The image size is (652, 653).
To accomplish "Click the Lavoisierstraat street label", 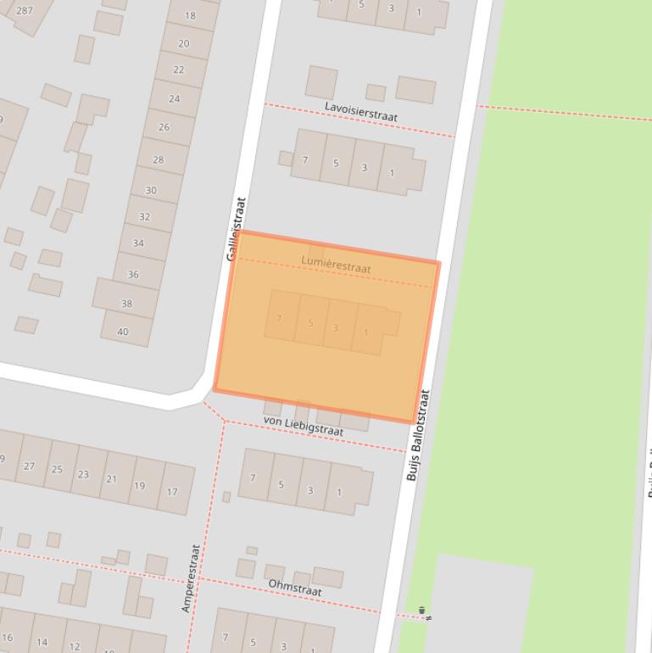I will pos(361,110).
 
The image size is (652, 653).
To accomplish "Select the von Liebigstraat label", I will pos(304,426).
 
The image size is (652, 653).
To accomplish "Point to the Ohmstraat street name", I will pos(295,587).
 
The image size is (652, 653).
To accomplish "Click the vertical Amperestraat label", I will pos(191,578).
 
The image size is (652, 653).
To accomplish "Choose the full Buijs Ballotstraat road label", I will pos(418,436).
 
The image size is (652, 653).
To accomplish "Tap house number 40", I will pos(123,332).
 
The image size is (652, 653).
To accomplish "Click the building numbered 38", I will pos(126,303).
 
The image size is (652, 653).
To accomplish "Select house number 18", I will pos(190,15).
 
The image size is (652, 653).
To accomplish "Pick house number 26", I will pos(164,127).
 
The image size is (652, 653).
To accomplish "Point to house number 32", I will pos(144,216).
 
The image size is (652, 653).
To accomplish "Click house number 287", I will pos(24,10).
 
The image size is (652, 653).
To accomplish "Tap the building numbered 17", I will pos(172,491).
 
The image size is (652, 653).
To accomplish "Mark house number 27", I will pos(30,466).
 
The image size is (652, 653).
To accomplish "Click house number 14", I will pos(42,642).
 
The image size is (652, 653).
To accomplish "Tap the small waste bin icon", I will pos(421,611).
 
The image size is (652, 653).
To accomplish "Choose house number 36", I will pos(133,274).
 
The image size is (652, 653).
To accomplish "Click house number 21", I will pos(111,479).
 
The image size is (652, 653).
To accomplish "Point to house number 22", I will pos(178,70).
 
